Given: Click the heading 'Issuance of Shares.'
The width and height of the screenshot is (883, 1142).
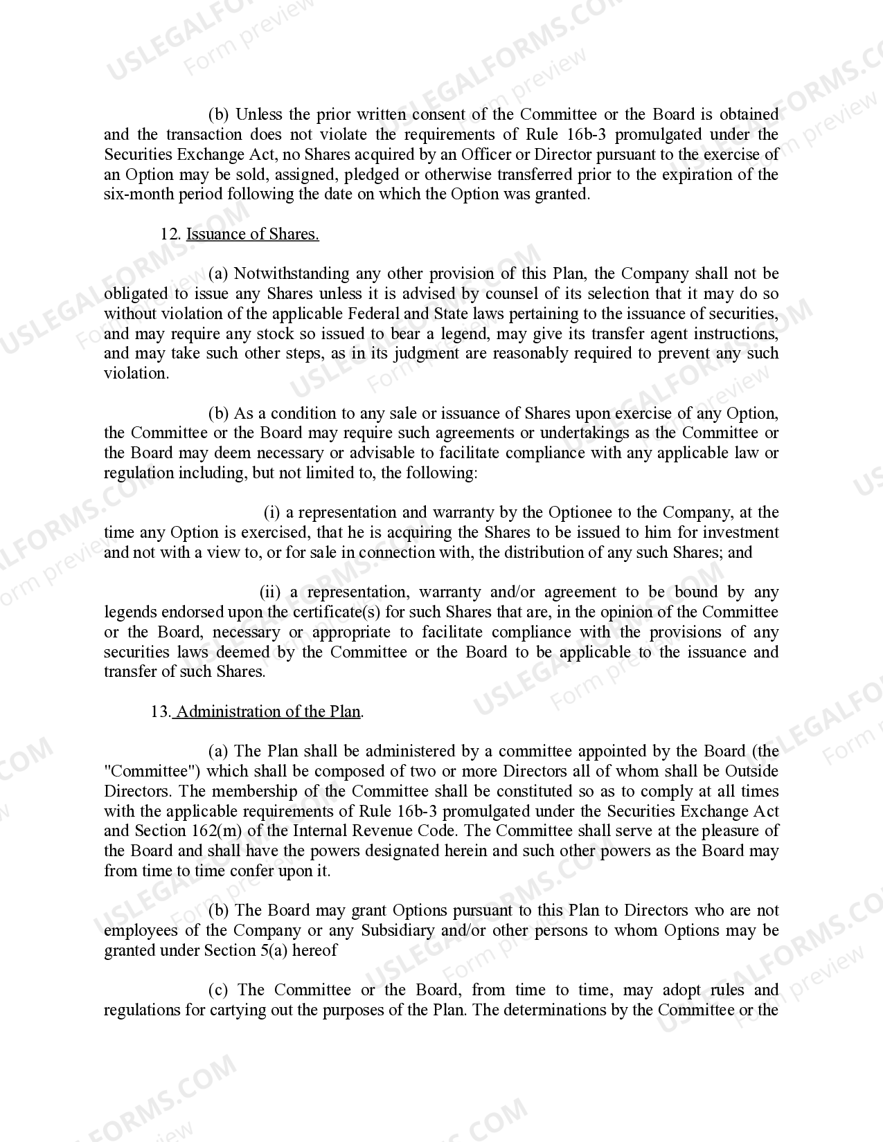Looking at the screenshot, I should [253, 234].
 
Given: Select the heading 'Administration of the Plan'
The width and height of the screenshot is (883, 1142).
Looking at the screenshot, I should [269, 712].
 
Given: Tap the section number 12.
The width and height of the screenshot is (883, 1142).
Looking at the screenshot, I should [170, 234].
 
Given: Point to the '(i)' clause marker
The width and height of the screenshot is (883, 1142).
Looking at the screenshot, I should [272, 513].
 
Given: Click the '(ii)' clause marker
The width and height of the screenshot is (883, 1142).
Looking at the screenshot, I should [270, 592].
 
